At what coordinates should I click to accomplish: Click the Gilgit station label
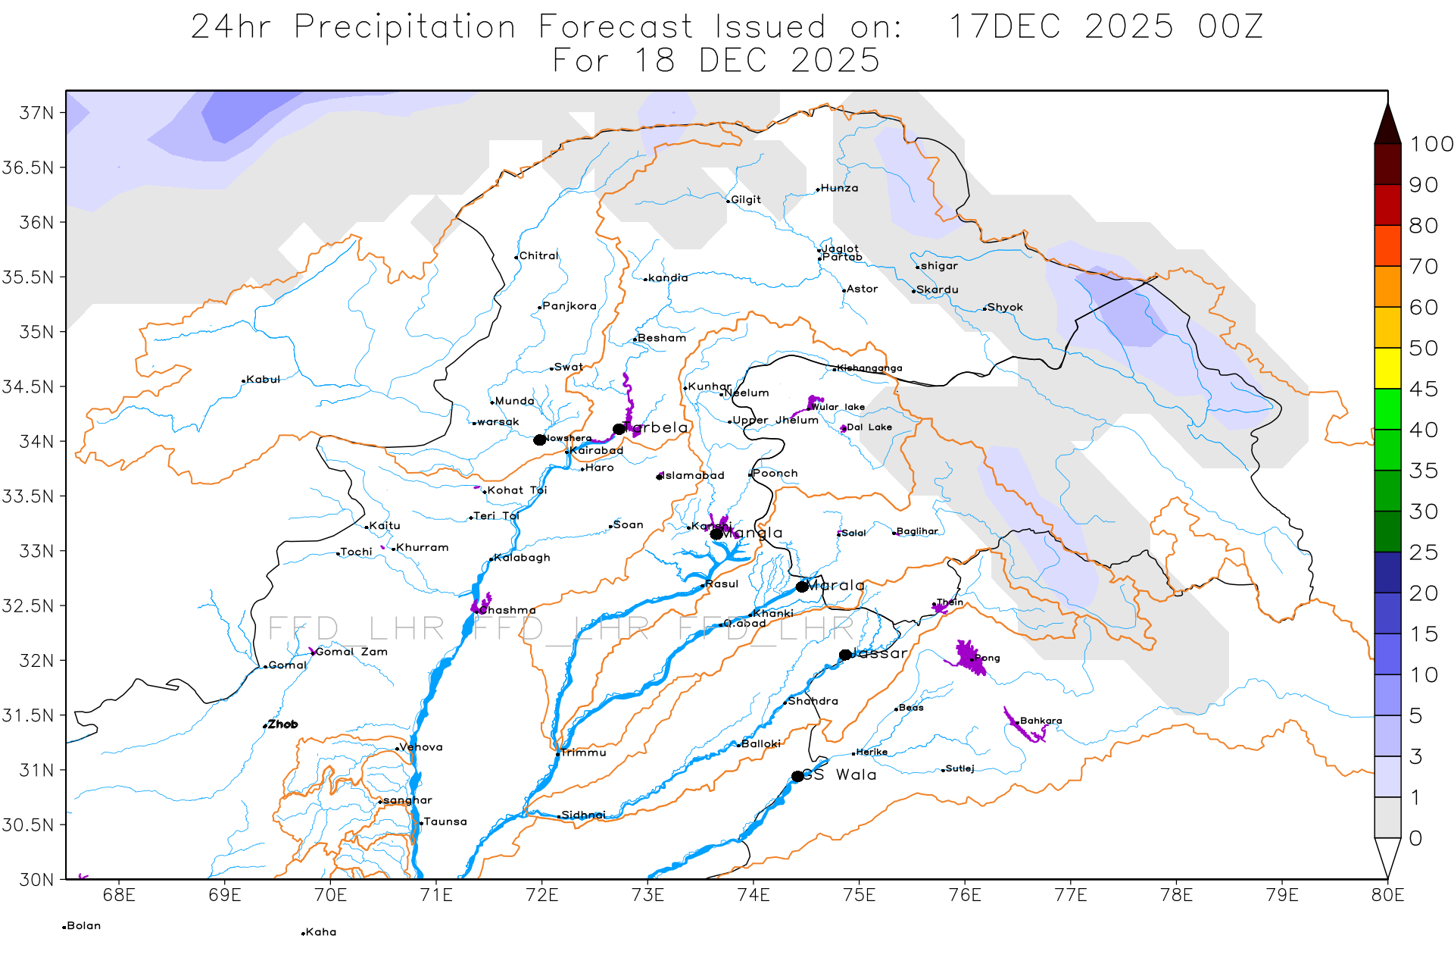point(745,200)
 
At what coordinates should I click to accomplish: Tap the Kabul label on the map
point(263,380)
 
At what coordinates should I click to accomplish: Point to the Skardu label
point(937,290)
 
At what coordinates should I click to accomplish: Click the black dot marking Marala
point(802,587)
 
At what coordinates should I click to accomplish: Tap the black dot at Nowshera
point(539,440)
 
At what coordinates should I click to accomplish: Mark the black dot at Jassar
point(845,655)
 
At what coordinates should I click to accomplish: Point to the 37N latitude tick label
point(36,113)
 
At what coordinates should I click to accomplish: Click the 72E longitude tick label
point(541,896)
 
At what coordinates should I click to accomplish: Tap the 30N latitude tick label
point(36,880)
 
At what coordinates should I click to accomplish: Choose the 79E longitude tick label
point(1281,896)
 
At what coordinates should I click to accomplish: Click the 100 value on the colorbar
point(1431,144)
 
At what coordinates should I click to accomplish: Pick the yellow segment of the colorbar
point(1387,368)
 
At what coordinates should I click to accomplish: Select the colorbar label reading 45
point(1423,390)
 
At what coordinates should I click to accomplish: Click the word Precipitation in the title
point(404,27)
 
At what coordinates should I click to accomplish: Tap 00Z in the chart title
point(1230,27)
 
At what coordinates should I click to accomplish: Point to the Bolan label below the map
point(83,926)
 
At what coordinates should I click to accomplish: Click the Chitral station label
point(538,256)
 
